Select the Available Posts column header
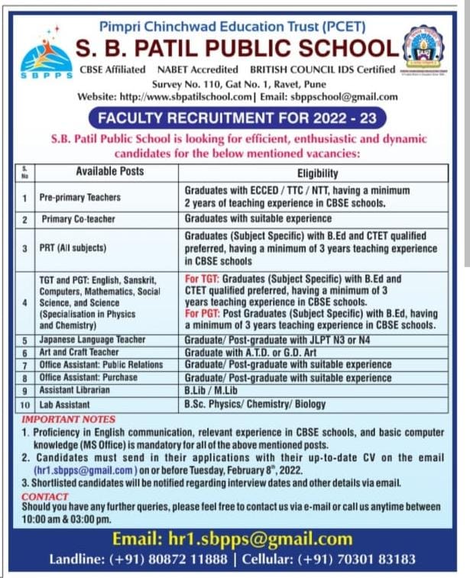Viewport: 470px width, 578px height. click(x=109, y=172)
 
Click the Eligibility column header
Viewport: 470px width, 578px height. click(x=318, y=173)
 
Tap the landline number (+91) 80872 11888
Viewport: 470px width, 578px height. click(x=180, y=560)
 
